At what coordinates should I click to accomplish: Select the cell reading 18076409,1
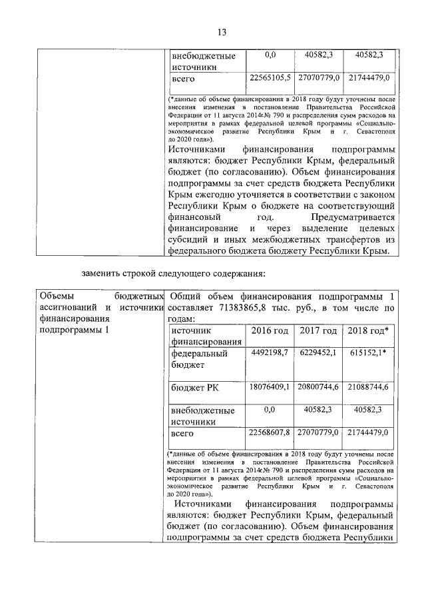tap(270, 386)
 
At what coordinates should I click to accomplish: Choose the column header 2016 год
tap(270, 331)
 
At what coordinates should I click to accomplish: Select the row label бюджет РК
tap(194, 387)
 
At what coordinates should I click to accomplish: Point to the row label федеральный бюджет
tap(200, 359)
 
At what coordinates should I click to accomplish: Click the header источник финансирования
tap(200, 336)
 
